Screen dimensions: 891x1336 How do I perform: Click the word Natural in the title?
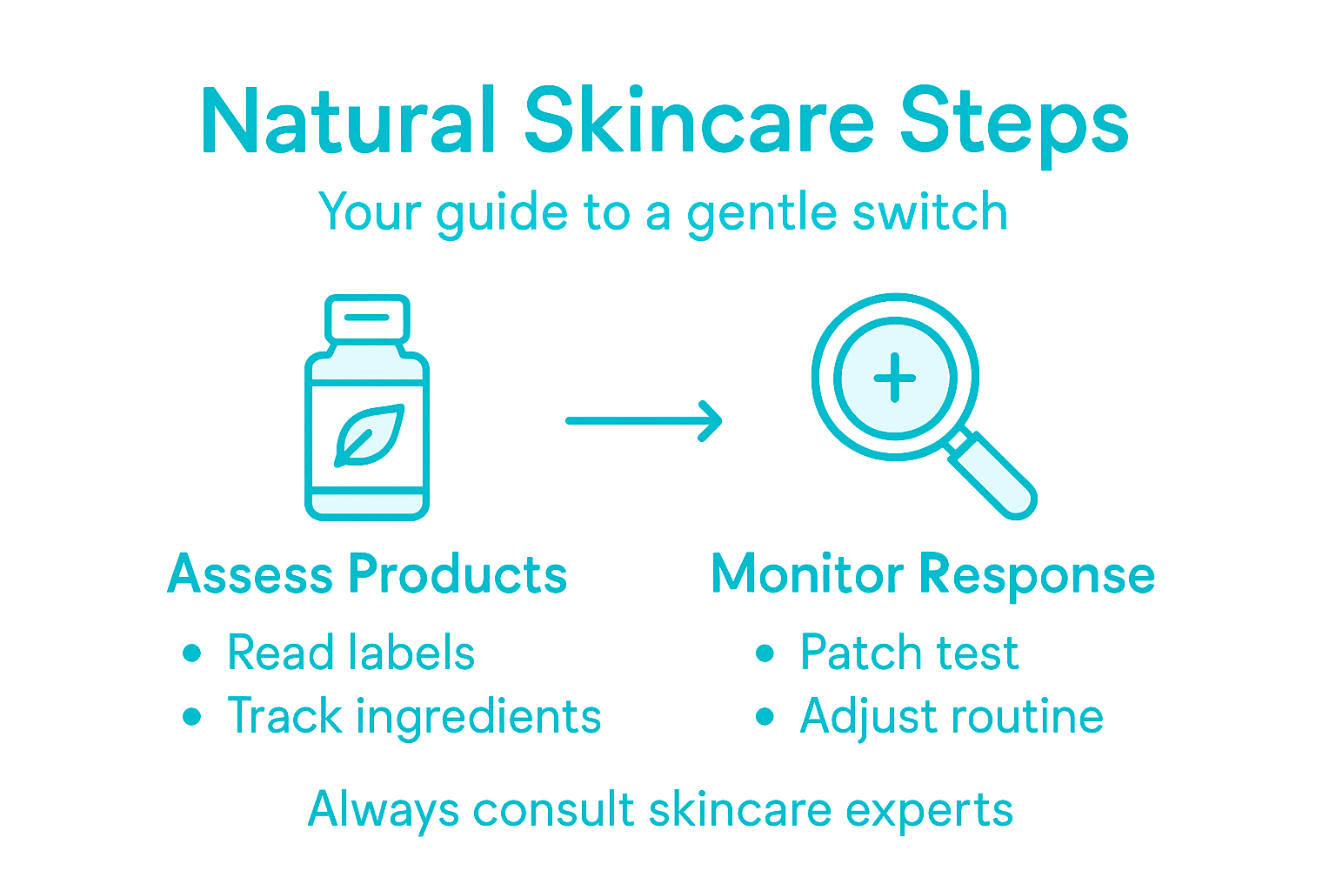click(348, 122)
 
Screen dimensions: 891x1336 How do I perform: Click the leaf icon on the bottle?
click(369, 434)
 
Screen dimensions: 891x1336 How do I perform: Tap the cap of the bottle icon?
click(367, 318)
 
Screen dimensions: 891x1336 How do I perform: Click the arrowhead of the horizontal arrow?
click(711, 421)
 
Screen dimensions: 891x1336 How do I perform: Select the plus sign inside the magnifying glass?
click(895, 379)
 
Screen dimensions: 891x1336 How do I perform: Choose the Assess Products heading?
click(367, 575)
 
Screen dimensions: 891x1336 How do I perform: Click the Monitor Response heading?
click(932, 575)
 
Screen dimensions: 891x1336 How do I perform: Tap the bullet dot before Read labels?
click(192, 653)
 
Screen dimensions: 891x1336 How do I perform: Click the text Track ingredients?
click(414, 717)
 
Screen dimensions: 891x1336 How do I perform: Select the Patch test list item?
click(909, 653)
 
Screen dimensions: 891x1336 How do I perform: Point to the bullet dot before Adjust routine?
click(765, 717)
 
